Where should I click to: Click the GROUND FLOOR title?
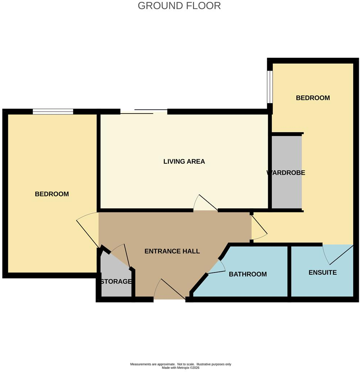click(x=179, y=6)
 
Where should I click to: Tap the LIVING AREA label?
click(x=184, y=161)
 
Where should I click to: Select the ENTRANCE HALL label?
click(x=172, y=251)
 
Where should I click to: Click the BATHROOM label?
click(x=248, y=274)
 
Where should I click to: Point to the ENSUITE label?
click(x=323, y=273)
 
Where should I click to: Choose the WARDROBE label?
click(x=286, y=172)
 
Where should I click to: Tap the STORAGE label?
click(x=116, y=282)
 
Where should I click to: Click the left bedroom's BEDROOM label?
click(x=52, y=194)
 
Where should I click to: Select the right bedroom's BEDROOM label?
click(x=313, y=98)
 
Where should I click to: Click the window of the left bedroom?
click(x=53, y=111)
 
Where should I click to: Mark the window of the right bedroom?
click(x=270, y=87)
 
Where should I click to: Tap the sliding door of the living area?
click(x=144, y=111)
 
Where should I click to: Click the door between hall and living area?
click(x=206, y=203)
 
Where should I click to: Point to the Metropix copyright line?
click(x=181, y=368)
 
